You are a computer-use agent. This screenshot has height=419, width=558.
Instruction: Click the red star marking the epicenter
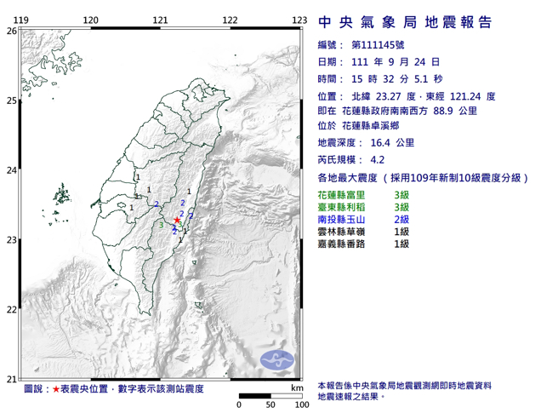pyautogui.click(x=177, y=221)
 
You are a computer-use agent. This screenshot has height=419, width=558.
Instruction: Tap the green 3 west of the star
pyautogui.click(x=162, y=225)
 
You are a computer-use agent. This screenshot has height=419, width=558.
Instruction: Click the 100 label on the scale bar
pyautogui.click(x=300, y=405)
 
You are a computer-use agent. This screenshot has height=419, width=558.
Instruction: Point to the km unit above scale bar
pyautogui.click(x=296, y=387)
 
